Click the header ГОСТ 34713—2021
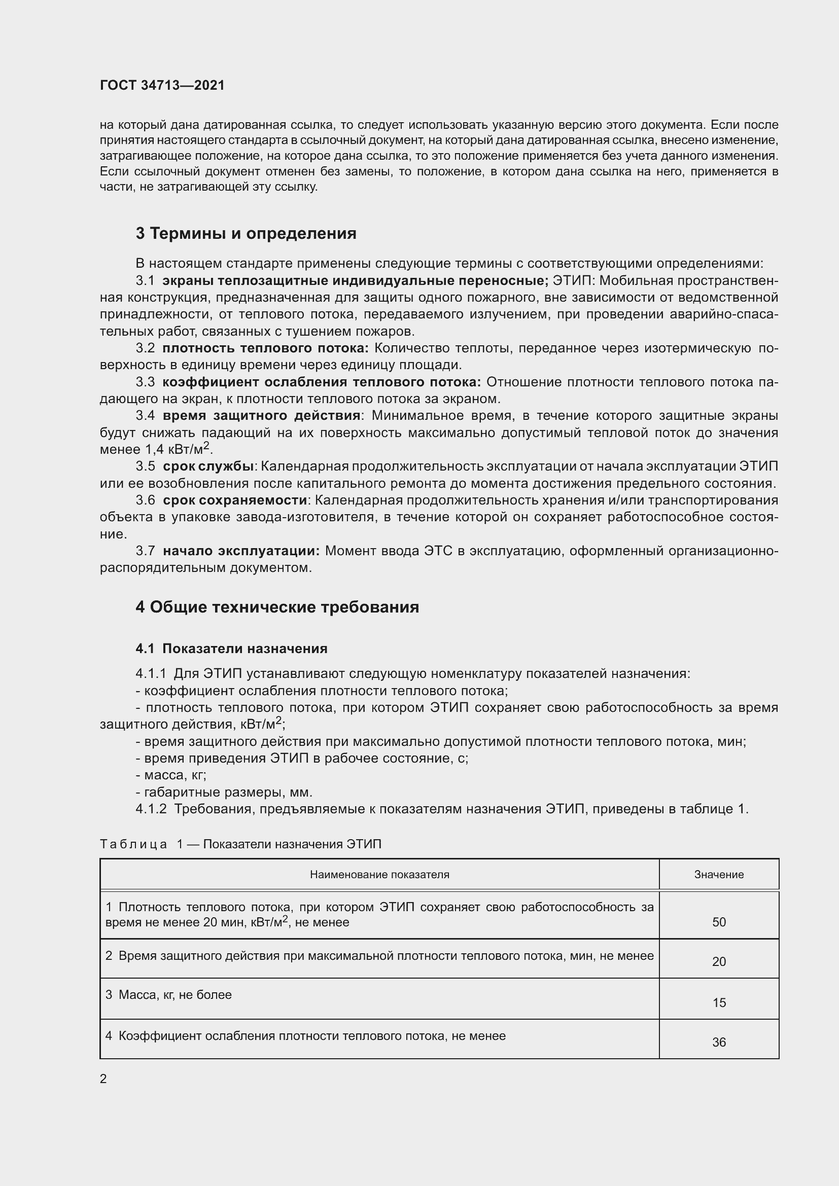162,85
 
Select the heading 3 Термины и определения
246,233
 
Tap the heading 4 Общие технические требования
277,607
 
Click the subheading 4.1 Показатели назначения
231,649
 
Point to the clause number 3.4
145,416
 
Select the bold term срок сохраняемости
235,500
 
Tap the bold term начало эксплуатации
241,551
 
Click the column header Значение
719,875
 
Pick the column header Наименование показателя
379,875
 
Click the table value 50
719,922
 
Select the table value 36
719,1043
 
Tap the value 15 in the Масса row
719,1002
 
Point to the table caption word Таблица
133,844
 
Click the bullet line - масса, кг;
171,775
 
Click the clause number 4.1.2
151,809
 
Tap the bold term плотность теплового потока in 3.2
265,348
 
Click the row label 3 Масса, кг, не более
168,994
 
